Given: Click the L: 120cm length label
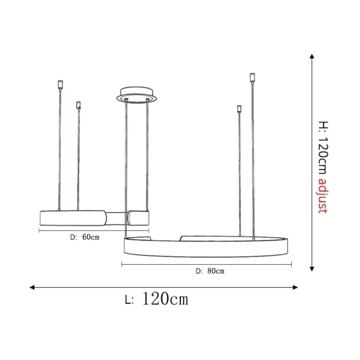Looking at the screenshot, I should pyautogui.click(x=157, y=299).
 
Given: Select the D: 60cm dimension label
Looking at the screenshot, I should pyautogui.click(x=85, y=237).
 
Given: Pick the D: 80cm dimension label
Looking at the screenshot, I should pyautogui.click(x=210, y=271).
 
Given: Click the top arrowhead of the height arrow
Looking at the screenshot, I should pyautogui.click(x=311, y=57).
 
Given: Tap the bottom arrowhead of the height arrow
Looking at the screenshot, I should pyautogui.click(x=311, y=269).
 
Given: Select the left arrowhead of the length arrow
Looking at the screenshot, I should pyautogui.click(x=32, y=287).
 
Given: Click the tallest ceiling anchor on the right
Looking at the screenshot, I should pyautogui.click(x=252, y=77).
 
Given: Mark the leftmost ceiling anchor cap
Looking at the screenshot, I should pyautogui.click(x=60, y=84).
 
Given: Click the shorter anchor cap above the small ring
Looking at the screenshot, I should pyautogui.click(x=78, y=105).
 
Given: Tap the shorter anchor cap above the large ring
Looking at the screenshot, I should pyautogui.click(x=239, y=108).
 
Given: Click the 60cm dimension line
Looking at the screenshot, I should pyautogui.click(x=94, y=231).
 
